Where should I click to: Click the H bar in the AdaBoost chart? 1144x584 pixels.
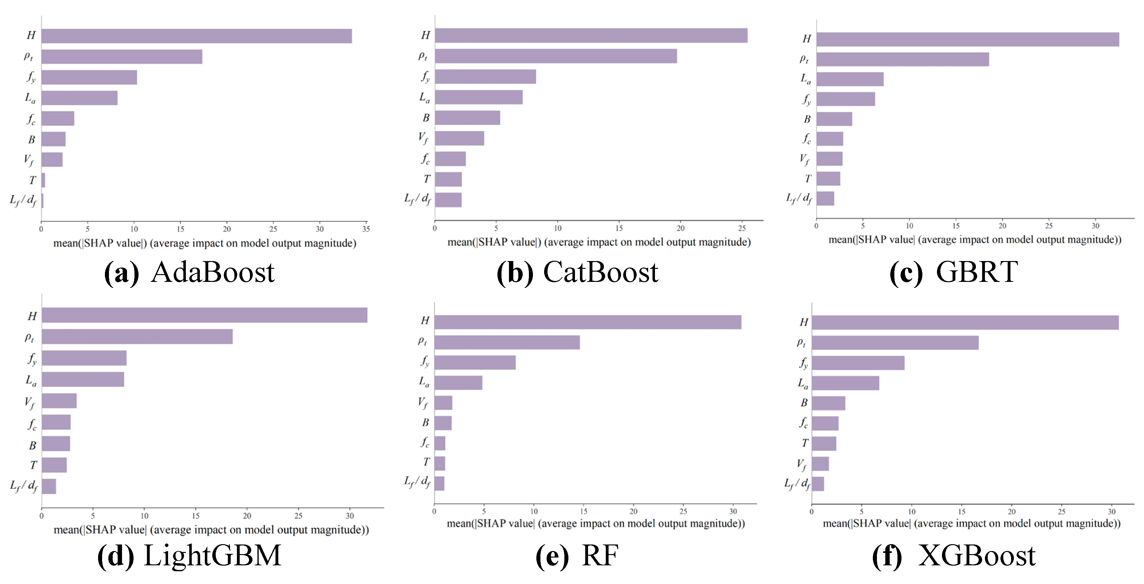click(196, 36)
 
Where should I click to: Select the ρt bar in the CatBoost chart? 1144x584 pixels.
click(556, 56)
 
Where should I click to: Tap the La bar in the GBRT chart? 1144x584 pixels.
click(850, 79)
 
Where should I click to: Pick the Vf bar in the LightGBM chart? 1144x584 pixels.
click(59, 401)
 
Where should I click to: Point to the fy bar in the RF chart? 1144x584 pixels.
click(475, 362)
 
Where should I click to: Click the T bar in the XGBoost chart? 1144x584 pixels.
click(824, 444)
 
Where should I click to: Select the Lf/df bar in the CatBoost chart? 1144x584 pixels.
click(448, 200)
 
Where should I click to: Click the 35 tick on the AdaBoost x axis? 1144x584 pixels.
click(366, 229)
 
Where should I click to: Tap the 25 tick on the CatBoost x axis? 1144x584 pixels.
click(741, 228)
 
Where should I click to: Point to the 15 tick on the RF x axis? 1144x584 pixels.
click(584, 511)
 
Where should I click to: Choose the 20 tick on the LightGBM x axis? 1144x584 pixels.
click(247, 516)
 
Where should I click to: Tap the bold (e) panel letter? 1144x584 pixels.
click(552, 556)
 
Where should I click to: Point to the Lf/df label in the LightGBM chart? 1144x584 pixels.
click(24, 486)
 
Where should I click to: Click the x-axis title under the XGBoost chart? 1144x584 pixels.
click(972, 524)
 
